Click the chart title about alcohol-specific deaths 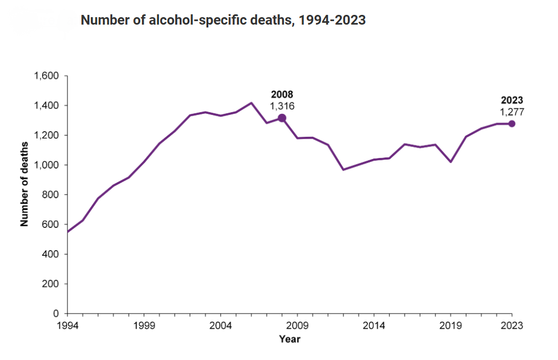[223, 21]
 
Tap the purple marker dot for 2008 [282, 118]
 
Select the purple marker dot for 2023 [512, 124]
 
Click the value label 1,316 [282, 106]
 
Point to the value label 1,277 [512, 112]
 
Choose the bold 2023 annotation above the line [512, 100]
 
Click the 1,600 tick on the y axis [48, 76]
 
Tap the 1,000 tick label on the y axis [48, 165]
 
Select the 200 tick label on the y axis [52, 284]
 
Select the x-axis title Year [290, 339]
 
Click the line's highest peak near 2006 [251, 103]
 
